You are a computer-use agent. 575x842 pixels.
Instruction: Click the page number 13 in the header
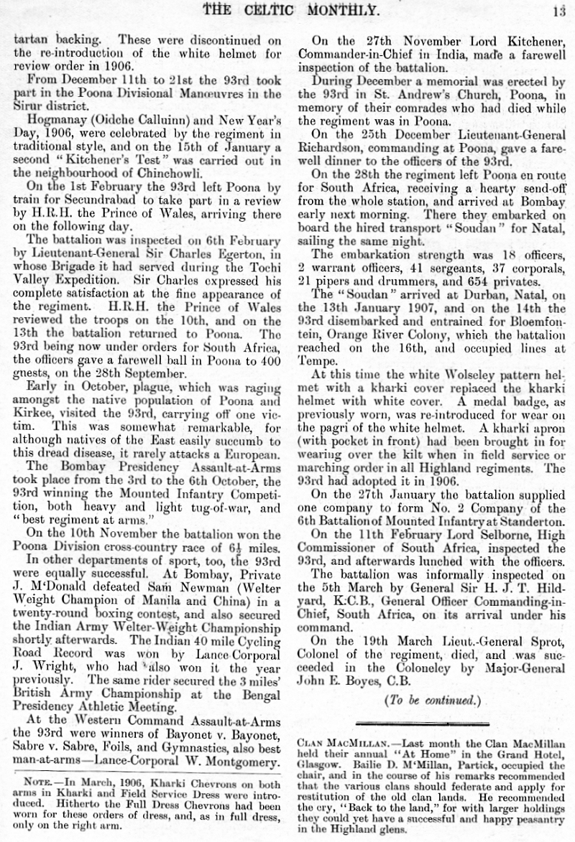[559, 9]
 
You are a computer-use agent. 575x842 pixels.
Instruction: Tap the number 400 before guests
[270, 356]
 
